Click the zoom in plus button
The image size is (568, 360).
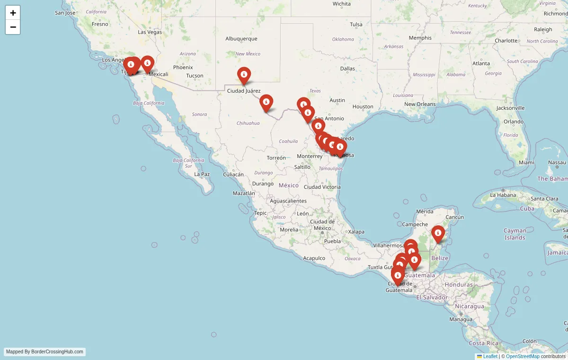(x=13, y=13)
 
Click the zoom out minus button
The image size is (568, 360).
(x=13, y=27)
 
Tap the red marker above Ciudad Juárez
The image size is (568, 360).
(x=244, y=75)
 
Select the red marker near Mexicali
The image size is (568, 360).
(x=148, y=63)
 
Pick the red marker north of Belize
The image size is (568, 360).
(x=438, y=233)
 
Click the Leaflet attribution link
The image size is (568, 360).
(x=490, y=356)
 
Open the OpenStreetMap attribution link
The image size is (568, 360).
(x=523, y=356)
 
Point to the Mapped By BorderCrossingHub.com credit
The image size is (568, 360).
(x=45, y=352)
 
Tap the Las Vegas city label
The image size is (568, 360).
(x=150, y=32)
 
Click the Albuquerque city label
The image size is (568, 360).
(x=241, y=39)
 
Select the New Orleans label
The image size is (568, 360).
(x=420, y=104)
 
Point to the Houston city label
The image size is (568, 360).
(x=363, y=106)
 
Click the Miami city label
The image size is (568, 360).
(x=526, y=162)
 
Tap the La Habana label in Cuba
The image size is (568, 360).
(x=502, y=195)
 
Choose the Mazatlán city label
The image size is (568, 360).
(x=244, y=193)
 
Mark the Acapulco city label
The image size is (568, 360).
(x=314, y=258)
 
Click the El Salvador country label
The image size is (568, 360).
(x=432, y=297)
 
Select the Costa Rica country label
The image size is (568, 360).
(x=483, y=343)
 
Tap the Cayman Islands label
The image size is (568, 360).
(x=515, y=234)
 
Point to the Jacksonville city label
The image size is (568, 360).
(x=510, y=108)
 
